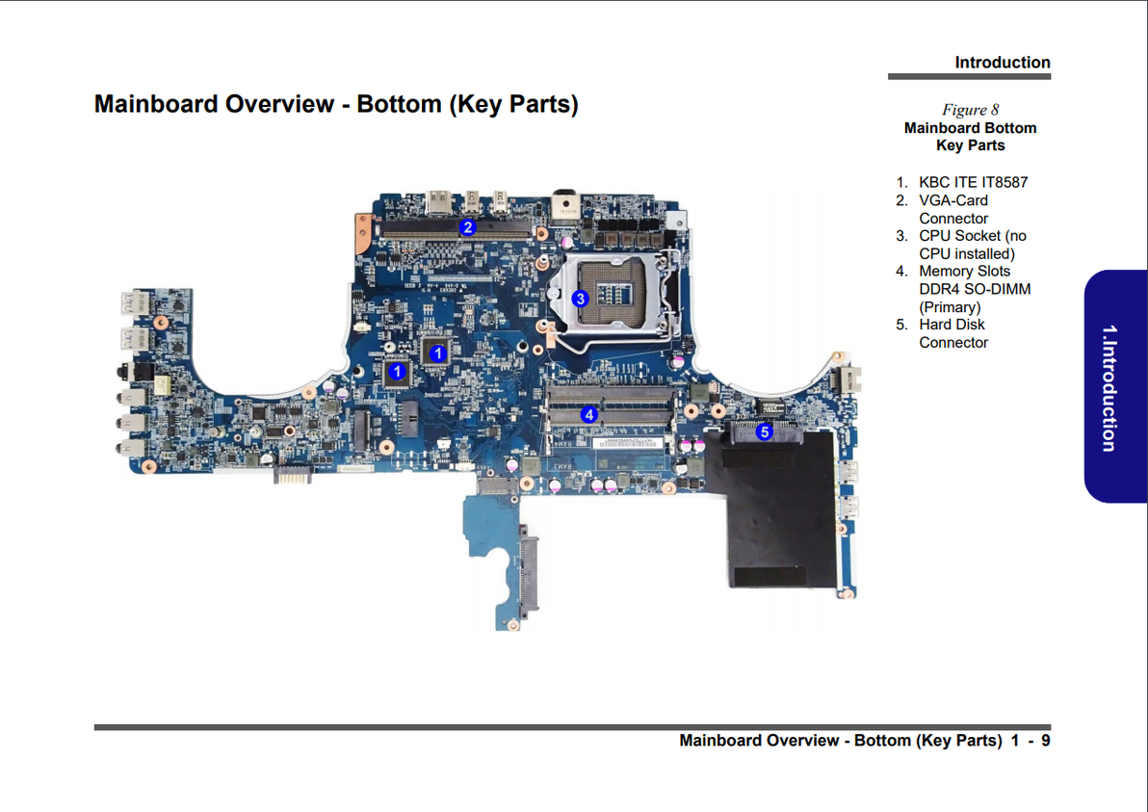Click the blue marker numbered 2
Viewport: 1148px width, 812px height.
pyautogui.click(x=467, y=227)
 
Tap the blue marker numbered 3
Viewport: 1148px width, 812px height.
pyautogui.click(x=580, y=299)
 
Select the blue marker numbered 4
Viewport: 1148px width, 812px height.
pyautogui.click(x=589, y=414)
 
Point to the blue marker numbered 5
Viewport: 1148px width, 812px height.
pyautogui.click(x=764, y=432)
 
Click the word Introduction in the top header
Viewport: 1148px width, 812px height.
pyautogui.click(x=1002, y=63)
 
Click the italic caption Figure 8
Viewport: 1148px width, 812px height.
pyautogui.click(x=970, y=110)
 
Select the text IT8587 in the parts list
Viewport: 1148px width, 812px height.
pyautogui.click(x=1004, y=182)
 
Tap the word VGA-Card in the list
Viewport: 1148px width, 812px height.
pyautogui.click(x=952, y=200)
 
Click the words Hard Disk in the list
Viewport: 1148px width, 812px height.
pyautogui.click(x=952, y=325)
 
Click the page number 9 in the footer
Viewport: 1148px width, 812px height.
pyautogui.click(x=1045, y=741)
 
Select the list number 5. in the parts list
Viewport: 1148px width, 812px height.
pyautogui.click(x=902, y=325)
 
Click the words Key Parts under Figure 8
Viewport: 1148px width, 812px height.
pyautogui.click(x=970, y=145)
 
